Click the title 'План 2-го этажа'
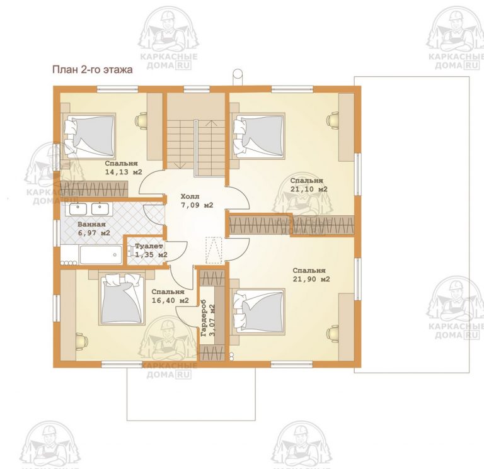click(x=92, y=70)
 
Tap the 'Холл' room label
click(x=190, y=196)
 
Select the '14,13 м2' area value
click(x=124, y=172)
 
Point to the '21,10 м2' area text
click(x=309, y=189)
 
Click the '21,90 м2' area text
click(x=311, y=279)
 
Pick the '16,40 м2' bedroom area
click(x=170, y=300)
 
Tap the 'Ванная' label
click(x=91, y=225)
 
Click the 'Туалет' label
click(x=149, y=246)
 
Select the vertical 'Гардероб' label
click(x=204, y=320)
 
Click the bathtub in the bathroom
click(x=101, y=255)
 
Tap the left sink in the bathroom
click(x=78, y=209)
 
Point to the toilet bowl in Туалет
click(x=129, y=251)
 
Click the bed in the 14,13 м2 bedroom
click(x=89, y=136)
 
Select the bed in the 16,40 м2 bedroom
click(x=122, y=298)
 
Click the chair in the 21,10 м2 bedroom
click(x=333, y=120)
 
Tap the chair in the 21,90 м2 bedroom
click(x=333, y=333)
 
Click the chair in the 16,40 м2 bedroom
click(x=82, y=342)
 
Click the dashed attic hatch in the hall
click(x=214, y=250)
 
